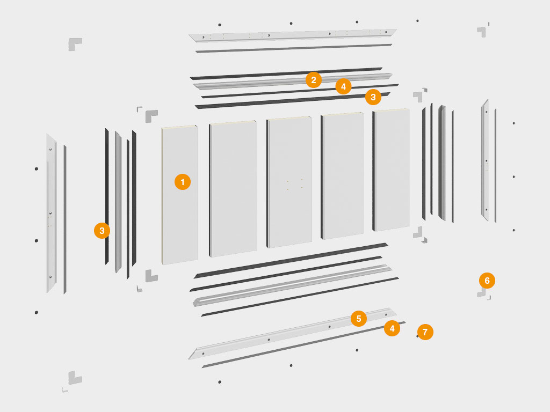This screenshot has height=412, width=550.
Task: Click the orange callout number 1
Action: pos(183,182)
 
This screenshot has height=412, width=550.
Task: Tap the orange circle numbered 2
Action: pos(314,80)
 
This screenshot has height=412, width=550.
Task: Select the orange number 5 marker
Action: pos(359,319)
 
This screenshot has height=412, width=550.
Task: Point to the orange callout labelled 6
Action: pos(487,280)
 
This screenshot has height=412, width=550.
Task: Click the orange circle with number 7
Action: pos(425,332)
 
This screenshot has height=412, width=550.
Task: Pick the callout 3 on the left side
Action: pos(102,231)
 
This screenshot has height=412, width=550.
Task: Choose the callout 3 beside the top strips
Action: pos(373,97)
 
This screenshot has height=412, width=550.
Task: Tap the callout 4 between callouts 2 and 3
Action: pos(343,86)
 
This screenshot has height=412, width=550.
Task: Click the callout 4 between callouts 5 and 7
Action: pos(392,328)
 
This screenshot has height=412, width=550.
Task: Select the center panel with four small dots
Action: pos(290,182)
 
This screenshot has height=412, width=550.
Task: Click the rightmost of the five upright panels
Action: pos(391,170)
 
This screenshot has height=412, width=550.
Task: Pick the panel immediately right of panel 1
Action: pos(233,189)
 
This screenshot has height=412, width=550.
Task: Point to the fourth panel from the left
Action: pos(342,176)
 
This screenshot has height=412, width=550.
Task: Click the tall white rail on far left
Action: pos(51,213)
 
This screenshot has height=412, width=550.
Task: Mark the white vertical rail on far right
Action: pos(486,160)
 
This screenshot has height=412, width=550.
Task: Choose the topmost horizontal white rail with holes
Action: pos(293,35)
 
